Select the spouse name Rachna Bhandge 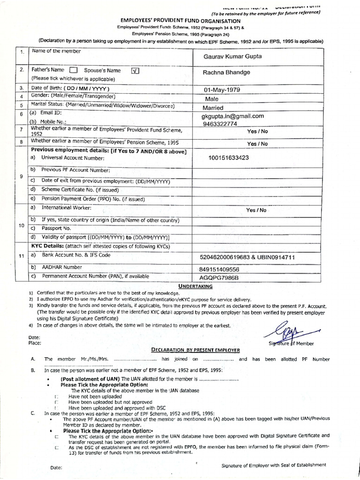(226, 73)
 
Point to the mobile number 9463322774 (221, 124)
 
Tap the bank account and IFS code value (246, 257)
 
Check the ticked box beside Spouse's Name (135, 71)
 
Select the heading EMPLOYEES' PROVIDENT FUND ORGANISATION (180, 22)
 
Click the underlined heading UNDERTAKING (195, 285)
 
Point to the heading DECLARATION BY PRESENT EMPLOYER (195, 350)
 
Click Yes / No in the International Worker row (256, 210)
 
